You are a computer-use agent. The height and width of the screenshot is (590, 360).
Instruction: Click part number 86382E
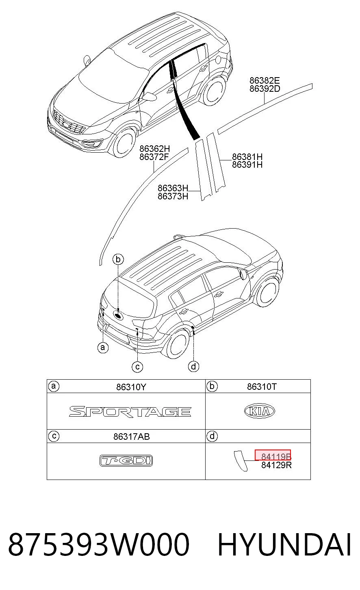pos(265,80)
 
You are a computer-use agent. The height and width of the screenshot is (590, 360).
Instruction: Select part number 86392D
pos(265,89)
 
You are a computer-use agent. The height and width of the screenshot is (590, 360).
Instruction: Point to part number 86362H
pos(154,149)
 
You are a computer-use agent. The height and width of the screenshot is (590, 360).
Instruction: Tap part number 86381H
pos(247,157)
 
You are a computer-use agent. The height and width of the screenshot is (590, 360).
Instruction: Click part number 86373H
pos(173,196)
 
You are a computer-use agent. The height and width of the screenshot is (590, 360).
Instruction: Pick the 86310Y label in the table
pos(131,387)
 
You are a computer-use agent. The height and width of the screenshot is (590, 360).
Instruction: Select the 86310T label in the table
pos(262,387)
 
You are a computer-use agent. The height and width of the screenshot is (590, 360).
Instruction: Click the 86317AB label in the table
pos(132,437)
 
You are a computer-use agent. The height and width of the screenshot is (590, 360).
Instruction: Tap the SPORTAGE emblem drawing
pos(130,411)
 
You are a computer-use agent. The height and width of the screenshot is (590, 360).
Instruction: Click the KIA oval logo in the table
pos(260,411)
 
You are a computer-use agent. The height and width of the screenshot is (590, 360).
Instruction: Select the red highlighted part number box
pos(273,455)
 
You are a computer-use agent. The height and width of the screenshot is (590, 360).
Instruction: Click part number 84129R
pos(276,465)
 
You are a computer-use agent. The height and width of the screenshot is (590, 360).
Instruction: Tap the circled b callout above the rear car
pos(118,259)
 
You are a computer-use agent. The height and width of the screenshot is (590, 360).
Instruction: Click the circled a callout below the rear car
pos(103,348)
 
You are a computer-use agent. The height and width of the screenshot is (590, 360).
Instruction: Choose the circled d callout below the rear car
pos(193,366)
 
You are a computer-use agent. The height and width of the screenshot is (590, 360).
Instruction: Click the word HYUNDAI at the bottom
pos(284,545)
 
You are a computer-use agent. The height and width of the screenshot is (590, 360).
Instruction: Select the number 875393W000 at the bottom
pos(99,545)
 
